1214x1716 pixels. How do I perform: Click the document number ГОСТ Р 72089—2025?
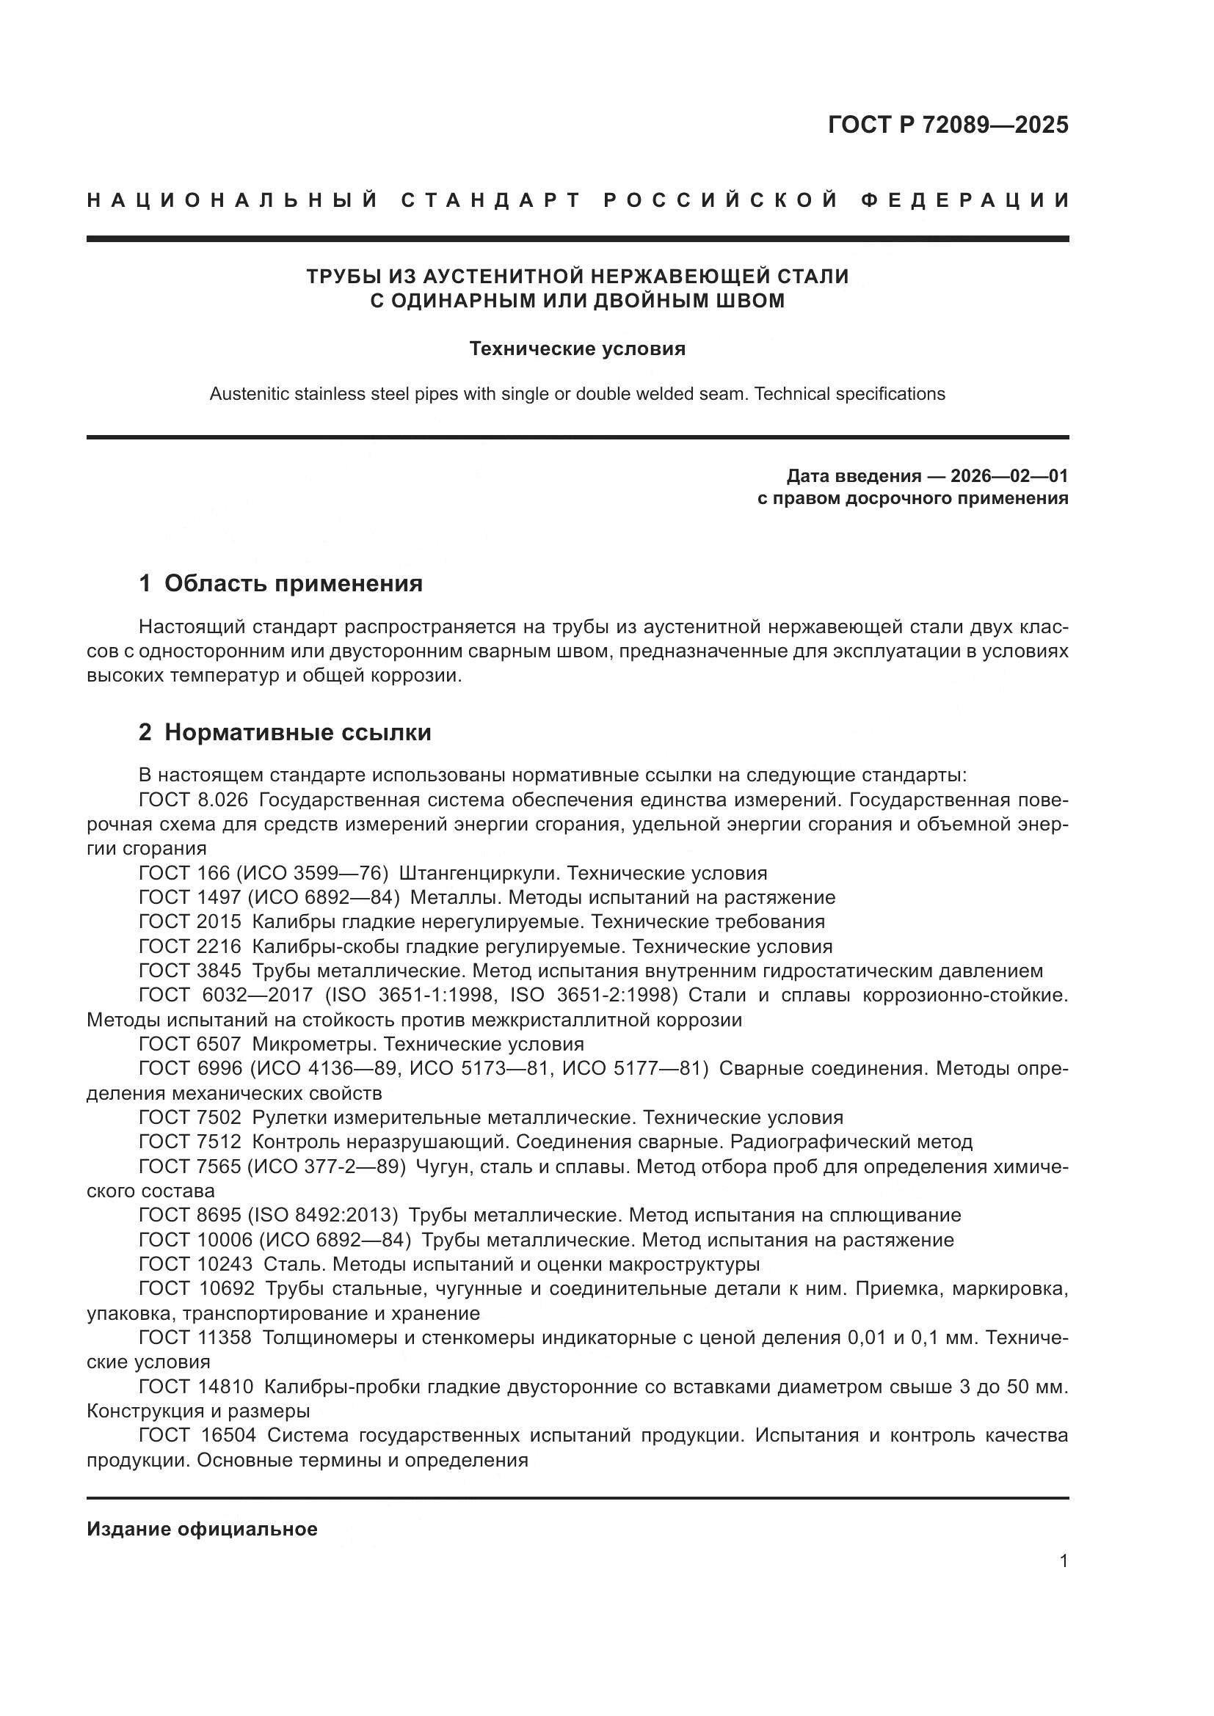(948, 125)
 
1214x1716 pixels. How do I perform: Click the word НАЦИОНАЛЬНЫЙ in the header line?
(233, 200)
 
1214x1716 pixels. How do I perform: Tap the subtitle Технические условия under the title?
(577, 349)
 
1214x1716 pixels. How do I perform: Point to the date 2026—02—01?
(1009, 476)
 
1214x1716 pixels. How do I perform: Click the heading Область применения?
(293, 584)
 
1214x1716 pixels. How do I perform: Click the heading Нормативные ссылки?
(297, 732)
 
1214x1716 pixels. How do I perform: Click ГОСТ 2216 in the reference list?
(190, 946)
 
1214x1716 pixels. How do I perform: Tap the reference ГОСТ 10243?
(196, 1265)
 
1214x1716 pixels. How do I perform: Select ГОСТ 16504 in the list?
(197, 1436)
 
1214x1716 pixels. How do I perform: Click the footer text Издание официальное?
(202, 1529)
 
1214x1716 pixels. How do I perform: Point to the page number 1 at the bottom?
(1064, 1561)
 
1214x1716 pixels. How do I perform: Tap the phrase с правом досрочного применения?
(913, 497)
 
